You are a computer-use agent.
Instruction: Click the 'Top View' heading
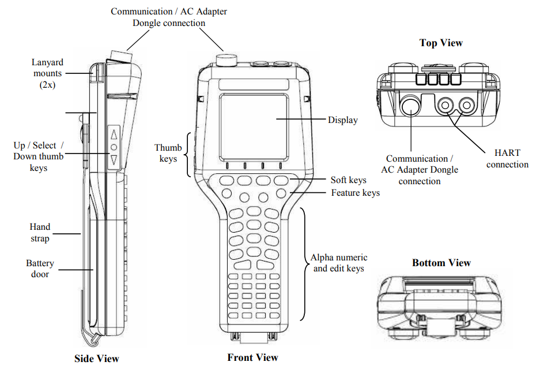pyautogui.click(x=441, y=43)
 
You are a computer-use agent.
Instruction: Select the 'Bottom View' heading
pyautogui.click(x=441, y=263)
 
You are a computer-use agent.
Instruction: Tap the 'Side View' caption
pyautogui.click(x=97, y=359)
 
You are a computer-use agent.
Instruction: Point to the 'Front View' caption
pyautogui.click(x=252, y=357)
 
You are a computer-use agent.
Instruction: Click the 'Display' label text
pyautogui.click(x=342, y=120)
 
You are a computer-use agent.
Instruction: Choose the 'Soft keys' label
pyautogui.click(x=348, y=180)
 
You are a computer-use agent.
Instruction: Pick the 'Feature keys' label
pyautogui.click(x=355, y=192)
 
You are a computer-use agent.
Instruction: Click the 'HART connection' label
pyautogui.click(x=507, y=159)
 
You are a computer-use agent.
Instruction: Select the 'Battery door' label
pyautogui.click(x=40, y=268)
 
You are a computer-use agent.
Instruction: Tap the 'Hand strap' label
pyautogui.click(x=40, y=232)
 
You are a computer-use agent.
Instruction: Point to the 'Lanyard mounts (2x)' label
pyautogui.click(x=47, y=73)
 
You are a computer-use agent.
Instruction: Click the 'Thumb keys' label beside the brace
pyautogui.click(x=168, y=153)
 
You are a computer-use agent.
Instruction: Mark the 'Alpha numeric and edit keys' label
pyautogui.click(x=339, y=263)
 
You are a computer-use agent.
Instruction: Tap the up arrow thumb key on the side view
pyautogui.click(x=114, y=135)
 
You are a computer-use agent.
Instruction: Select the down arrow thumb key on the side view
pyautogui.click(x=114, y=160)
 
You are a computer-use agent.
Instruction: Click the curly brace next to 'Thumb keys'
pyautogui.click(x=188, y=153)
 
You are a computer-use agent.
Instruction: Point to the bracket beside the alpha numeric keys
pyautogui.click(x=302, y=263)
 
